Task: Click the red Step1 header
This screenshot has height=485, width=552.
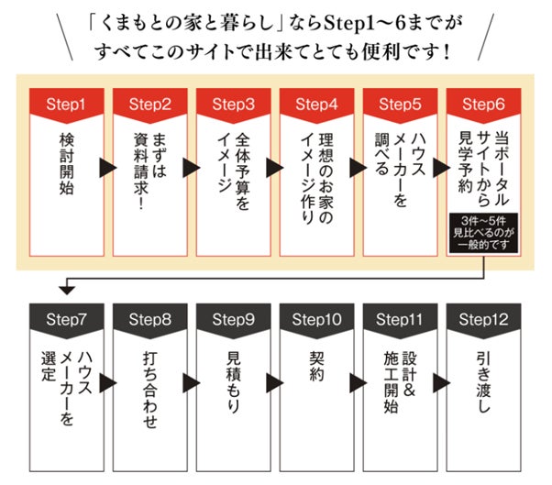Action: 65,104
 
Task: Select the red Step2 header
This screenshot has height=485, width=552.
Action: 149,104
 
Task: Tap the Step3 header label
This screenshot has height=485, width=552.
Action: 232,104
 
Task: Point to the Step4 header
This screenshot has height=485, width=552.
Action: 315,104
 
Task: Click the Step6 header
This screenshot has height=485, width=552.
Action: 482,104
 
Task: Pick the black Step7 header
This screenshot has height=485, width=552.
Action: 65,319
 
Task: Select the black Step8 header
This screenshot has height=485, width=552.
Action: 149,319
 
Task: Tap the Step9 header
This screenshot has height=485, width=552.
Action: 232,319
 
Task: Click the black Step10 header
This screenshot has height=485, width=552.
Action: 315,319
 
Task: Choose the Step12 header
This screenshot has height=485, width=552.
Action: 482,319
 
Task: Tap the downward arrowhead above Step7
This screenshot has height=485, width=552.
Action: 65,291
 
